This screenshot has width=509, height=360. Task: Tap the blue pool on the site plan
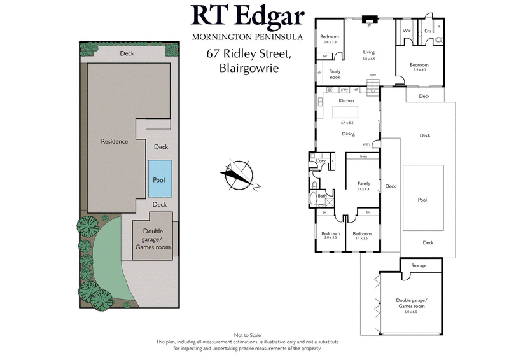pyautogui.click(x=158, y=177)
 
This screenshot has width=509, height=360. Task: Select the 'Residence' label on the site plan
pyautogui.click(x=115, y=141)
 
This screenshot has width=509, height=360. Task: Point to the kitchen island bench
pyautogui.click(x=345, y=111)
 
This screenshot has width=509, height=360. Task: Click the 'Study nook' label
pyautogui.click(x=335, y=74)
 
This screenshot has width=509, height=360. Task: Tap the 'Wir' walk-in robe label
pyautogui.click(x=406, y=30)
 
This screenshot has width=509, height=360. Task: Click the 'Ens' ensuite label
pyautogui.click(x=428, y=31)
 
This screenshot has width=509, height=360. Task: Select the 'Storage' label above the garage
pyautogui.click(x=419, y=265)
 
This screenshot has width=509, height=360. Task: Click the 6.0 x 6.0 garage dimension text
pyautogui.click(x=412, y=312)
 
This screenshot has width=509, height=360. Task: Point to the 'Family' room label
pyautogui.click(x=363, y=183)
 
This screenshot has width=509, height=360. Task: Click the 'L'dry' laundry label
pyautogui.click(x=321, y=161)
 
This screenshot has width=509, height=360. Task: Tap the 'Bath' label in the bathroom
pyautogui.click(x=322, y=197)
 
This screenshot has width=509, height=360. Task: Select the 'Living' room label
pyautogui.click(x=369, y=52)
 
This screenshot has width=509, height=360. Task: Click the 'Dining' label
pyautogui.click(x=348, y=134)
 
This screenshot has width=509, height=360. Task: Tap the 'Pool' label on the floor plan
pyautogui.click(x=422, y=200)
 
